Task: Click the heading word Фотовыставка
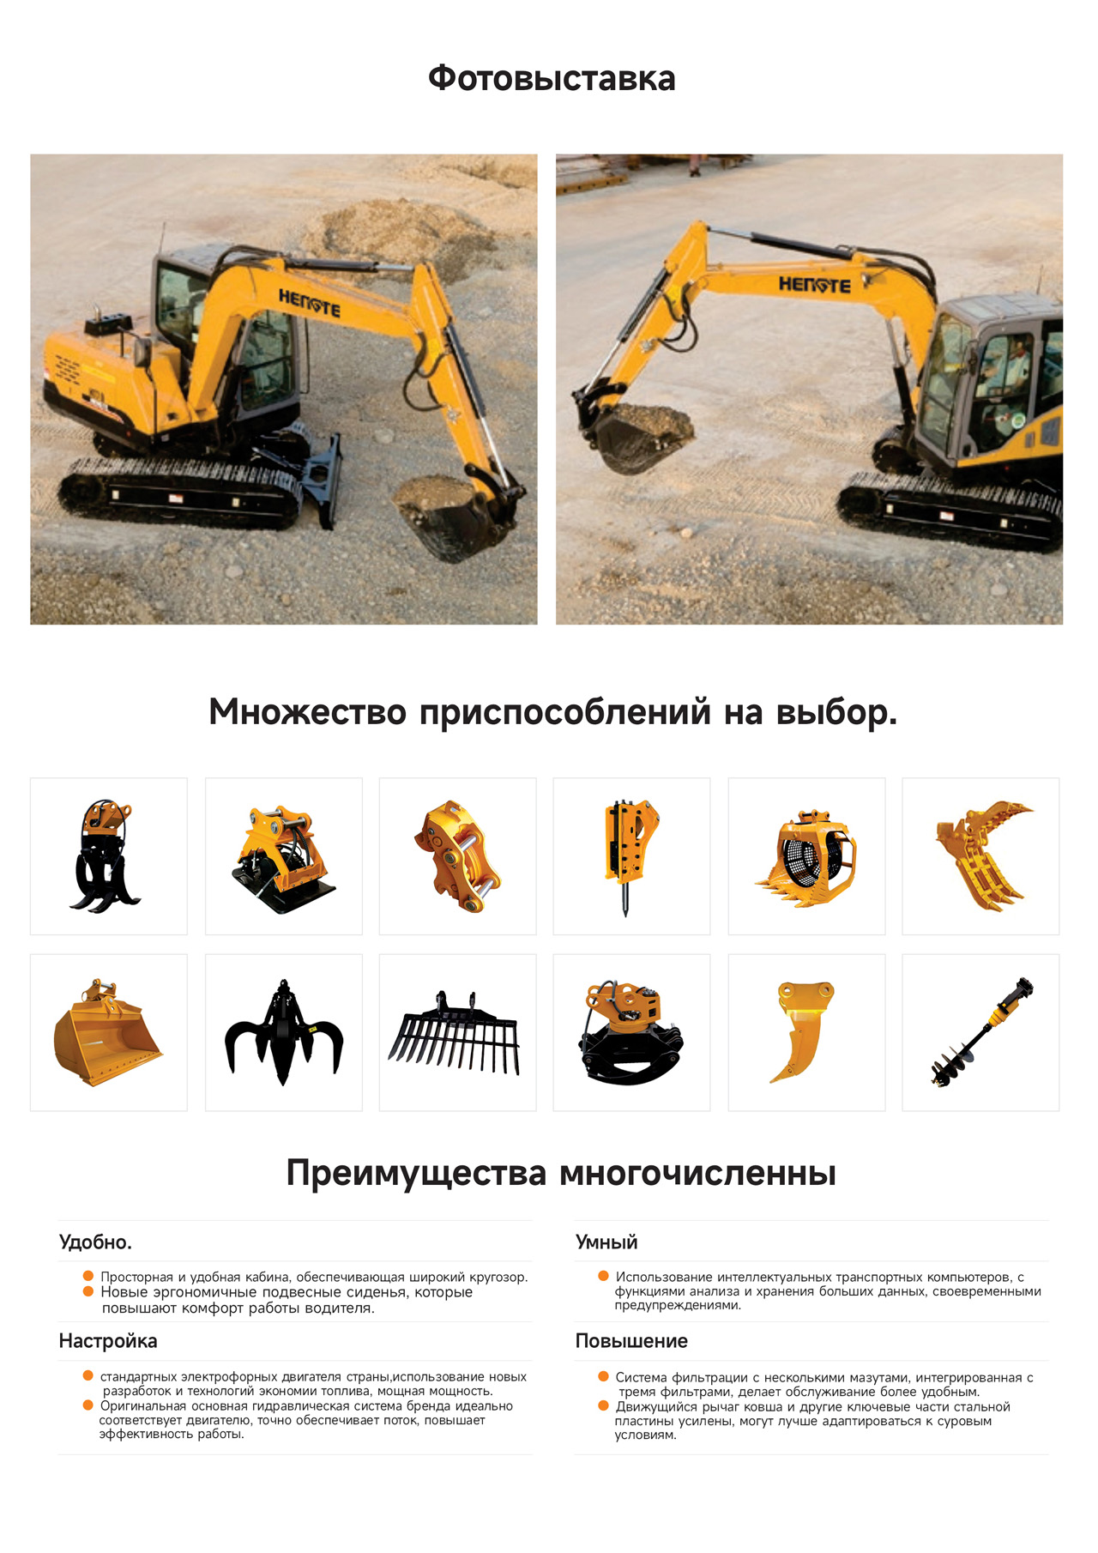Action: [x=552, y=79]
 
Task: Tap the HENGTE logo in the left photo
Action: [x=309, y=303]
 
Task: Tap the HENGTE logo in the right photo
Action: [x=814, y=284]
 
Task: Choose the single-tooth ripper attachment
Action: [x=804, y=1031]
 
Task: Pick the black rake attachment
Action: [x=455, y=1032]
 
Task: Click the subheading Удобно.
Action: [x=95, y=1242]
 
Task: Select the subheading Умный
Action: [x=606, y=1242]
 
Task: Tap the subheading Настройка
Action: [x=108, y=1341]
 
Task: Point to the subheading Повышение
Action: [x=631, y=1341]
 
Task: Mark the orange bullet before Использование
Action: [x=604, y=1276]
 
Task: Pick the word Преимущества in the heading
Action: [x=416, y=1173]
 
